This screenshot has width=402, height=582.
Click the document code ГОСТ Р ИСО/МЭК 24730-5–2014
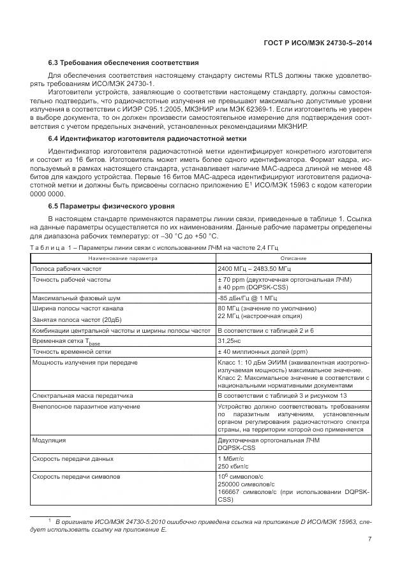point(317,43)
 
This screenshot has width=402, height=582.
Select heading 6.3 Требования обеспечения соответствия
point(124,62)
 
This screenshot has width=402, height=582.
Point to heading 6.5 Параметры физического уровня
point(113,205)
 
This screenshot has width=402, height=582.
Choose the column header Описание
point(293,258)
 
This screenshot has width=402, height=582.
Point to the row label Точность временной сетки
point(71,351)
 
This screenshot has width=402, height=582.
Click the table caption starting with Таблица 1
point(154,247)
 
